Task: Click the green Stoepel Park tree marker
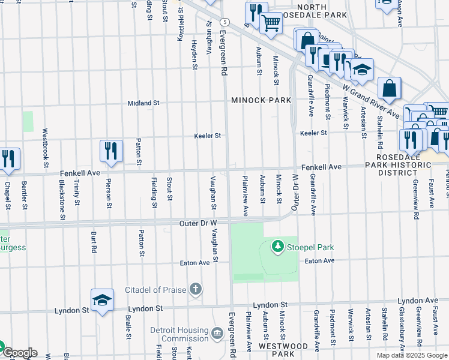(x=277, y=246)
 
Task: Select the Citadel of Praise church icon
(x=195, y=290)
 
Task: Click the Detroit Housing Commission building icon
(x=217, y=332)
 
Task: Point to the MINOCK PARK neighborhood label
(x=261, y=100)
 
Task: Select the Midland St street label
(x=143, y=103)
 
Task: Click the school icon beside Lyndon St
(x=102, y=299)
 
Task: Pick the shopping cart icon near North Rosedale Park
(x=271, y=23)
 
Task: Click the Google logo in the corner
(x=19, y=353)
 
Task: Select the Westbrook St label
(x=46, y=147)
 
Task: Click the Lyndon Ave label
(x=418, y=300)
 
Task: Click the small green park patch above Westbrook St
(x=28, y=121)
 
